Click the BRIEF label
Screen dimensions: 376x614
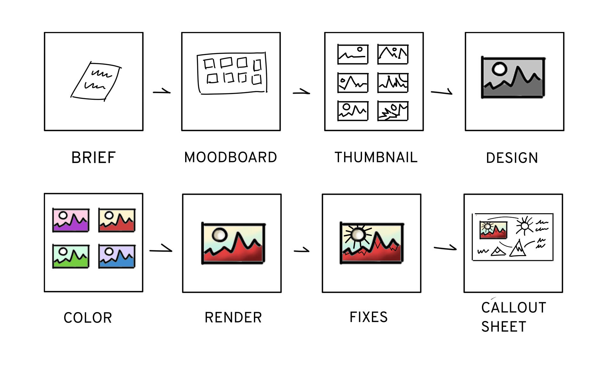tap(93, 158)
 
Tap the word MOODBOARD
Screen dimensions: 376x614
tap(231, 157)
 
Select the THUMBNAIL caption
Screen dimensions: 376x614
tap(376, 157)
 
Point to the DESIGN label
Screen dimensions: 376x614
tap(512, 158)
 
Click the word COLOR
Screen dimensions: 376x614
tap(88, 318)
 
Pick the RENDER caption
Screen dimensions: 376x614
tap(233, 317)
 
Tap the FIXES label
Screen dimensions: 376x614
tap(369, 317)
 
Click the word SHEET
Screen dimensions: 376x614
tap(504, 327)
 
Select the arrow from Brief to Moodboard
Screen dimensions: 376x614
tap(162, 92)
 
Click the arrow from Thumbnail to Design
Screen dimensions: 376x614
tap(442, 92)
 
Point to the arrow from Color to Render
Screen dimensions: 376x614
tap(161, 249)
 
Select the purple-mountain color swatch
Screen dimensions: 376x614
tap(71, 220)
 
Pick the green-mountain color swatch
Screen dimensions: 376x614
tap(71, 256)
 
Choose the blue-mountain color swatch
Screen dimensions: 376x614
tap(117, 256)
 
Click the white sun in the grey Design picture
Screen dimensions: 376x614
tap(500, 69)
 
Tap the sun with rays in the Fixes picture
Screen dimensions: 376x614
tap(358, 234)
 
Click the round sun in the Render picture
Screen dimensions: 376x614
tap(219, 235)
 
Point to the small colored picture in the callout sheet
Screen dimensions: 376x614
tap(493, 230)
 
